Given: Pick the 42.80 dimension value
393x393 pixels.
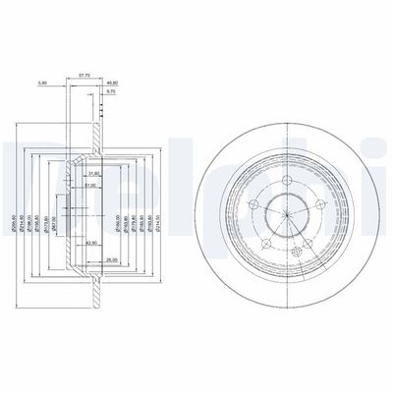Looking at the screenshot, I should pyautogui.click(x=91, y=242).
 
